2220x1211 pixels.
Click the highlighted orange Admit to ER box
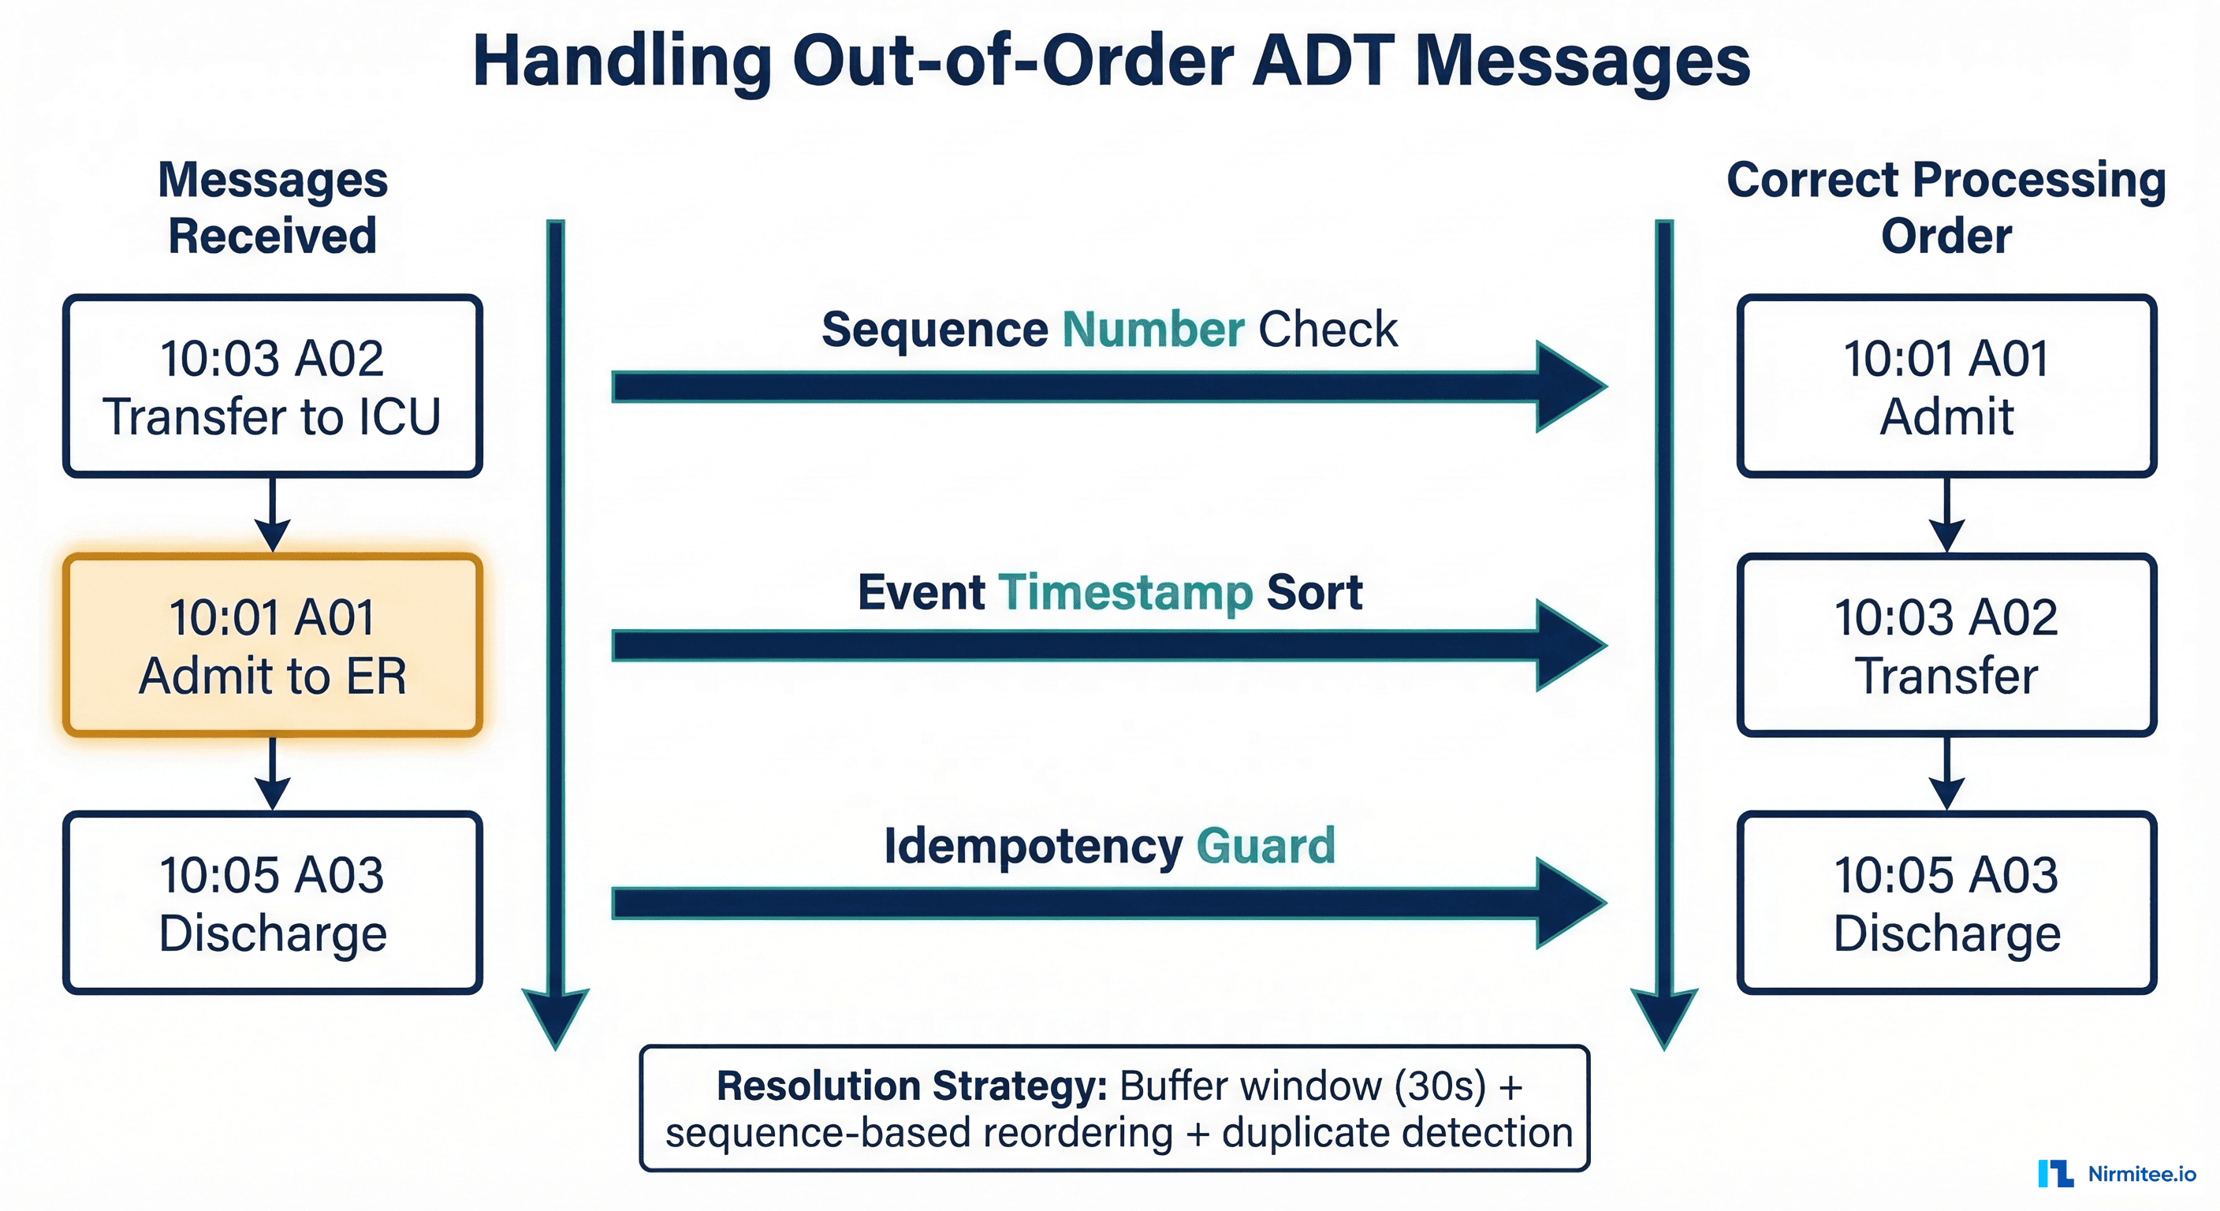tap(272, 645)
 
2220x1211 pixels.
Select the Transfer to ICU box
tap(272, 386)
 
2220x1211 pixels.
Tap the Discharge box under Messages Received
tap(272, 903)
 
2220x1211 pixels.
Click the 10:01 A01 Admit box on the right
tap(1946, 386)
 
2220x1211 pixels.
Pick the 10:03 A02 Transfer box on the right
tap(1946, 645)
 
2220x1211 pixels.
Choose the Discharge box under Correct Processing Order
tap(1946, 903)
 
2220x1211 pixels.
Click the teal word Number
tap(1153, 330)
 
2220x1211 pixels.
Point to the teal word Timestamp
tap(1125, 593)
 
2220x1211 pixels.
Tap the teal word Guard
tap(1265, 847)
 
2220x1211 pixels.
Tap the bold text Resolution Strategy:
tap(911, 1086)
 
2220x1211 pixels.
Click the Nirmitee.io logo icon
tap(2055, 1174)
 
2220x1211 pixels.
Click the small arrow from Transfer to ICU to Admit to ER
tap(272, 516)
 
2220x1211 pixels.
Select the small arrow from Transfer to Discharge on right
tap(1946, 773)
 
